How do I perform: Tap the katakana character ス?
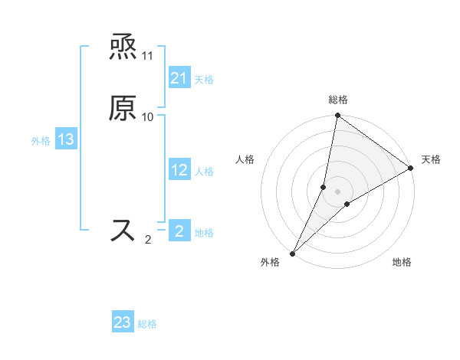[x=123, y=230]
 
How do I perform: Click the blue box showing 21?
[x=179, y=78]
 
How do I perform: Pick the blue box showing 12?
[x=179, y=170]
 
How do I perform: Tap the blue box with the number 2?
[x=179, y=231]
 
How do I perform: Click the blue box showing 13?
[x=66, y=139]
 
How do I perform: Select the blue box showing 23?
[x=123, y=322]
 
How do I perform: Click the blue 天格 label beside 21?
[x=204, y=80]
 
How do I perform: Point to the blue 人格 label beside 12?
[x=204, y=172]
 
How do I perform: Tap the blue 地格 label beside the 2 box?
[x=204, y=232]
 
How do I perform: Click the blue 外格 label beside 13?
[x=41, y=141]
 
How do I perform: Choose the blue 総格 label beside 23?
[x=147, y=324]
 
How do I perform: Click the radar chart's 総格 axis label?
[x=338, y=100]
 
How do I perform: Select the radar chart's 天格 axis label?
[x=431, y=159]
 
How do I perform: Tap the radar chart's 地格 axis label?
[x=402, y=263]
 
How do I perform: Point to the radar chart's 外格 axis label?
[x=270, y=263]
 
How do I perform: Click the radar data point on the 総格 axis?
[x=337, y=116]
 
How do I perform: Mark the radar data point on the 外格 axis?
[x=292, y=253]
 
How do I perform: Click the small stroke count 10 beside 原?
[x=148, y=116]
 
